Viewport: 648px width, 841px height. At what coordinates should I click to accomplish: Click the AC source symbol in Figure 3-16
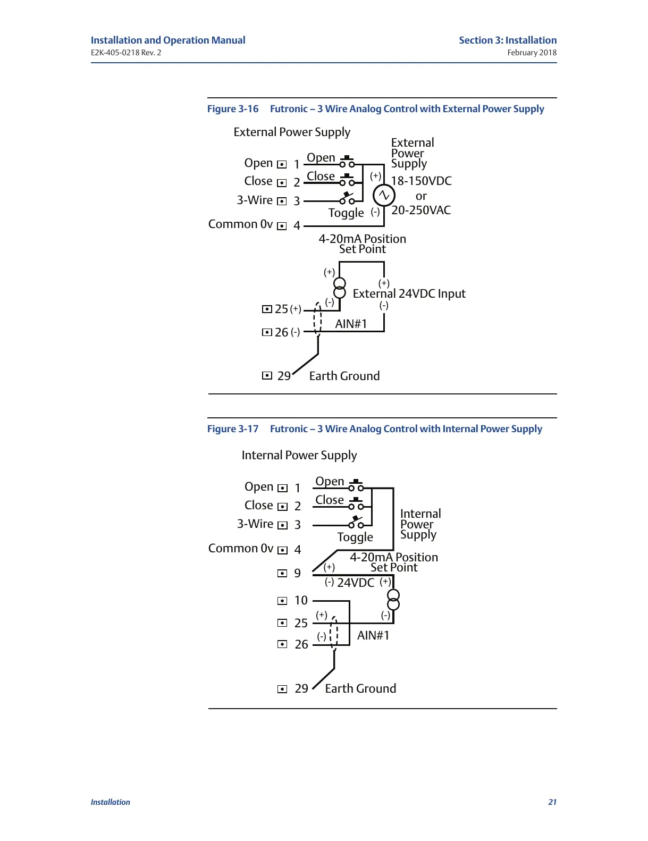point(384,196)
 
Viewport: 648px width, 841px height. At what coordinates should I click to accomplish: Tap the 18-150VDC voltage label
point(421,181)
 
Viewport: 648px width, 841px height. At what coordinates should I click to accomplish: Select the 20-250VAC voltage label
point(421,210)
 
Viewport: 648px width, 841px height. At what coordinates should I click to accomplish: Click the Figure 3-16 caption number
point(233,109)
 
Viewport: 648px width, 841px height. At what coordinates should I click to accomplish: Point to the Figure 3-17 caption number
point(233,429)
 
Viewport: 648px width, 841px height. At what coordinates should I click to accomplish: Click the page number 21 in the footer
point(552,802)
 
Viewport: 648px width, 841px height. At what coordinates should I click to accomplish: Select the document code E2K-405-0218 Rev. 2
point(126,53)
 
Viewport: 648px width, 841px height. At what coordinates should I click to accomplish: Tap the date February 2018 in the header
point(532,53)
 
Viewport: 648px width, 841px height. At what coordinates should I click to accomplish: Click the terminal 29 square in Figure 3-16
point(267,376)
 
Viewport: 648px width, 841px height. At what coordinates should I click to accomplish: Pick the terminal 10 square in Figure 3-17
point(282,601)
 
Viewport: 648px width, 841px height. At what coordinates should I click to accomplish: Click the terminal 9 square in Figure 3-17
point(282,573)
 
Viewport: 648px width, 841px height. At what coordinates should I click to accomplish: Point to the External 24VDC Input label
point(409,294)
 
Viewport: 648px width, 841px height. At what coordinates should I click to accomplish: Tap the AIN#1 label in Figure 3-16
point(351,324)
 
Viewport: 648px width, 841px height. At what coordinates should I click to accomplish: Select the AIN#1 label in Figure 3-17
point(373,635)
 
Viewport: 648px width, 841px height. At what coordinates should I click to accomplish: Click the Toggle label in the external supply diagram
point(346,213)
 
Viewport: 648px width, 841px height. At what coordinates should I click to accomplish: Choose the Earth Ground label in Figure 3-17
point(360,688)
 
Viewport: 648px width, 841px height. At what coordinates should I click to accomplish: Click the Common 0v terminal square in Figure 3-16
point(282,226)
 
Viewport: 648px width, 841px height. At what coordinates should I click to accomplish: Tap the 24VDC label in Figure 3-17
point(356,583)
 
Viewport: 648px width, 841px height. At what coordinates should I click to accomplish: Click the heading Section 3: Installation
point(508,40)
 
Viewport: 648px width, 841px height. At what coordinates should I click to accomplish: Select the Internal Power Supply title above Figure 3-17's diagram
point(299,456)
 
